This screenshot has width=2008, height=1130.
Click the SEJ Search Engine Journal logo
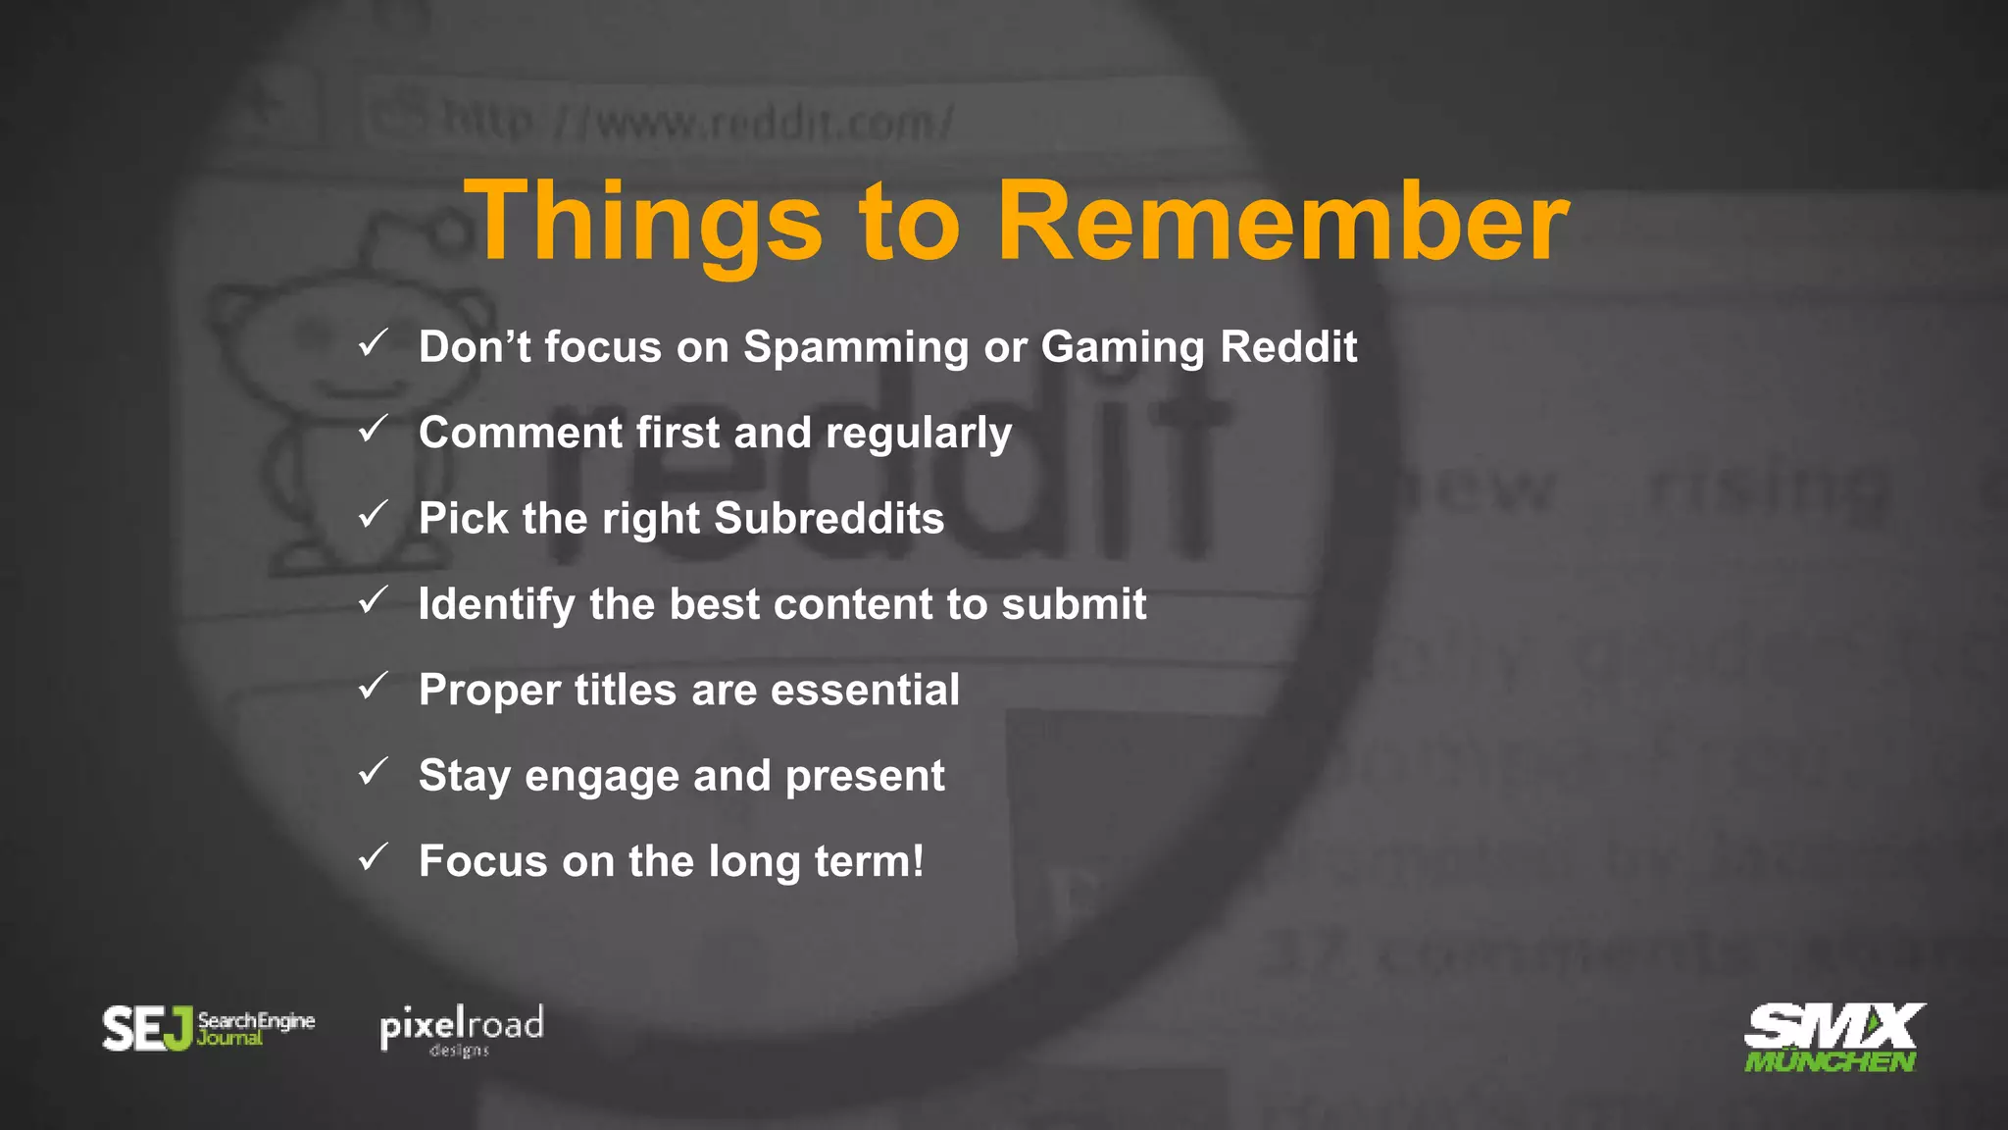click(208, 1028)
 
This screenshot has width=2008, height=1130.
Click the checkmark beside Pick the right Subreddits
click(374, 514)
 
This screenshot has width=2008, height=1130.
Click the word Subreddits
click(828, 518)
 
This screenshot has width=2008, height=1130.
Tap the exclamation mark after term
click(917, 860)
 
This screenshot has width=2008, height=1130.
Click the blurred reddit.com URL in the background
click(696, 124)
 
